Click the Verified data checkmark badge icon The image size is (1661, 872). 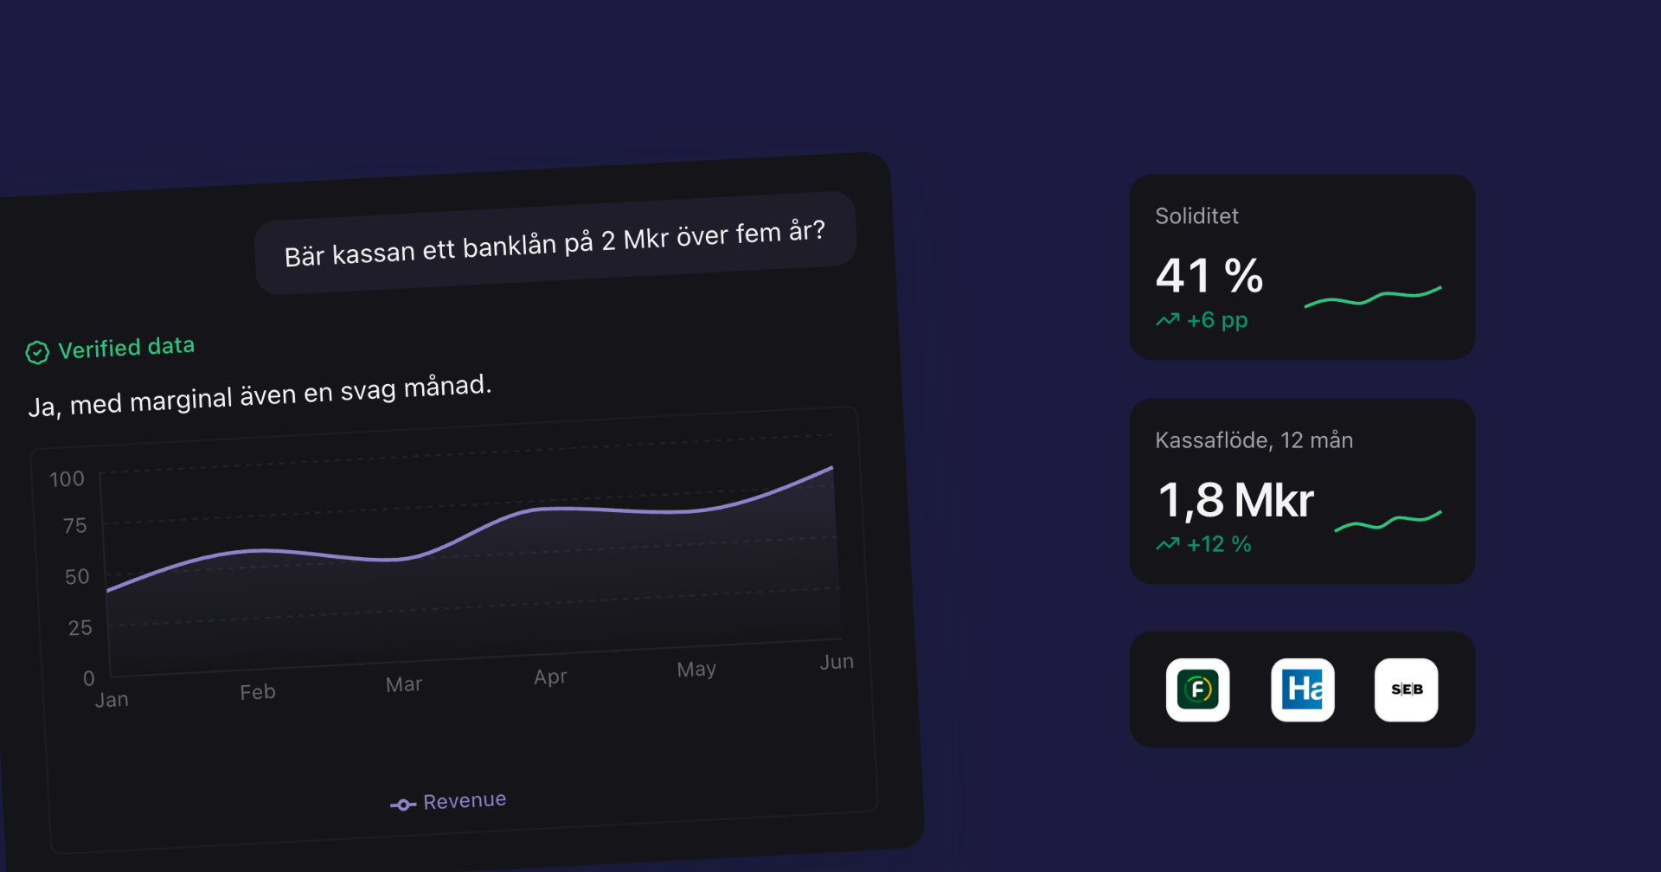[x=37, y=352]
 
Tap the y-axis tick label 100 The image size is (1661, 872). [x=67, y=479]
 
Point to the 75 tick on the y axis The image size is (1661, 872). [x=75, y=526]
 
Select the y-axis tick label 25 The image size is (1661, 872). [x=80, y=628]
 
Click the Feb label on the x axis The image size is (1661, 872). [x=258, y=692]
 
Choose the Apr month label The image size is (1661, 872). [x=550, y=677]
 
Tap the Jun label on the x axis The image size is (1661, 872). [x=837, y=662]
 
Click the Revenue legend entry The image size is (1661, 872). [x=448, y=802]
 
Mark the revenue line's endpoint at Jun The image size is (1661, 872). [x=832, y=467]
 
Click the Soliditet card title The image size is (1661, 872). [x=1196, y=216]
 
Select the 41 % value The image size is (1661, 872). [x=1209, y=276]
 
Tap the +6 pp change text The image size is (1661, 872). [x=1217, y=320]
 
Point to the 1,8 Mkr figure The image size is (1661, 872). [x=1235, y=500]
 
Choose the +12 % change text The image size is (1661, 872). [x=1219, y=544]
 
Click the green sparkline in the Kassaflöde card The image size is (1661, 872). [x=1388, y=522]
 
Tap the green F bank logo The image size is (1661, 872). [x=1198, y=689]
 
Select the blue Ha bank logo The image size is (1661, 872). [x=1303, y=689]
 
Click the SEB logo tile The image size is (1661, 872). [x=1407, y=689]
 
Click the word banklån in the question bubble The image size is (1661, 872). [x=510, y=247]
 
